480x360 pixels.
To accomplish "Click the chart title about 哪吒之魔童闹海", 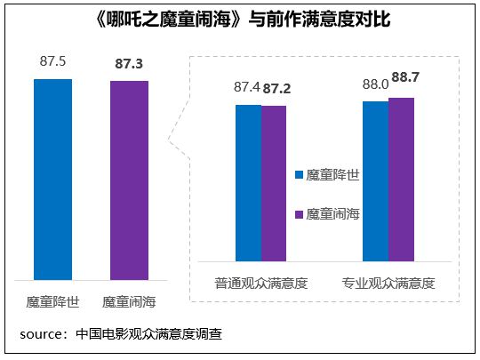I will (241, 19).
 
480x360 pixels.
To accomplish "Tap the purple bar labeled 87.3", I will (129, 180).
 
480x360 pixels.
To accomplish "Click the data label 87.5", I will (52, 63).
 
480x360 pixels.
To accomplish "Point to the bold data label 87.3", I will (130, 64).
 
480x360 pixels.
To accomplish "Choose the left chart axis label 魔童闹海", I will (130, 301).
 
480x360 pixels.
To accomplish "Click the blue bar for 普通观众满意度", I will (248, 183).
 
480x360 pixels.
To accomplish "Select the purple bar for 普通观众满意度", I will (274, 183).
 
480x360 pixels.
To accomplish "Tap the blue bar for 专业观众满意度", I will (376, 181).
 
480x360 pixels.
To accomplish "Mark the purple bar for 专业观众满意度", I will (402, 180).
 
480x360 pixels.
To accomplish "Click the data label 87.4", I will (246, 89).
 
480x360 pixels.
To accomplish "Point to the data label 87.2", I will (276, 90).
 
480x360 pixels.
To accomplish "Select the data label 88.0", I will (374, 85).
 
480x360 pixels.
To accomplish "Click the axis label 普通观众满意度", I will (260, 284).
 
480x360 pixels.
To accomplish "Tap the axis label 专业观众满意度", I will (388, 284).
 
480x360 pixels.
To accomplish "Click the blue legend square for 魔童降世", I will (299, 175).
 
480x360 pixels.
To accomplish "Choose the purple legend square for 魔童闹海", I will (299, 214).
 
